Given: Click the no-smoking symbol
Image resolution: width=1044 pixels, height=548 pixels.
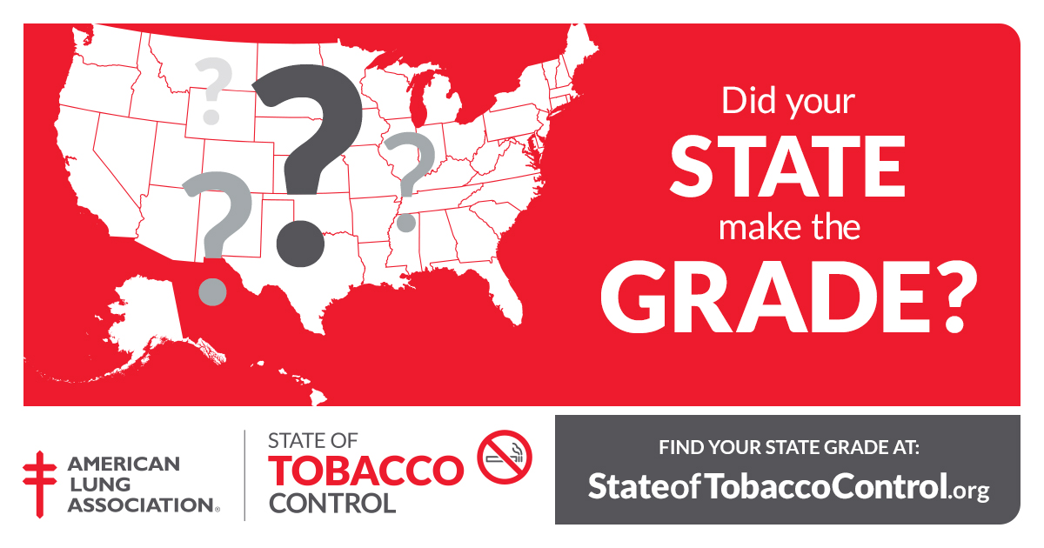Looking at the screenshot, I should coord(505,456).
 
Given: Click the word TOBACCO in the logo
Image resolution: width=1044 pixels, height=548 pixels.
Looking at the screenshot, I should coord(365,471).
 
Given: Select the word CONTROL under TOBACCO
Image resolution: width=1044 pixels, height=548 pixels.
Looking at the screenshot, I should coord(331,503).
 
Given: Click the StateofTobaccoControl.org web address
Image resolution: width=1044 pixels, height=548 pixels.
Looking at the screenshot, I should coord(788,486).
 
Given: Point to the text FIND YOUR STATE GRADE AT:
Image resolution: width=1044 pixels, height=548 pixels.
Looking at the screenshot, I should coord(788,449).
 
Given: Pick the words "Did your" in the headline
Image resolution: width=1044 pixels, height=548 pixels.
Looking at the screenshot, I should coord(788,102).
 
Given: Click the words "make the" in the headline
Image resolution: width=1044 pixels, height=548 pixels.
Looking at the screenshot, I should coord(788,228).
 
